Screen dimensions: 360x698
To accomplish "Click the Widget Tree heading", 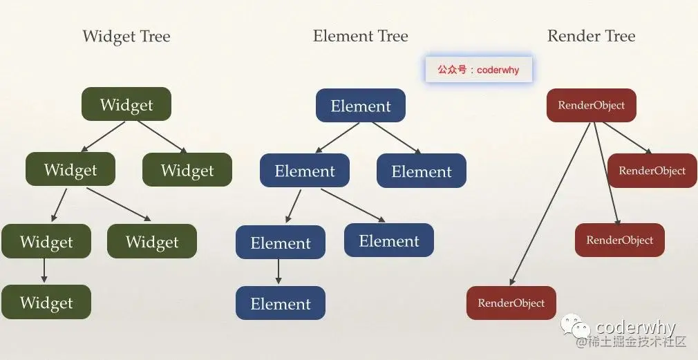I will point(126,36).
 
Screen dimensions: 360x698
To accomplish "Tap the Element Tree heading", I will point(360,36).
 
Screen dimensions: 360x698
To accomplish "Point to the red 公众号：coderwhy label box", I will point(478,70).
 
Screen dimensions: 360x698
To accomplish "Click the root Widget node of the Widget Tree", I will point(126,105).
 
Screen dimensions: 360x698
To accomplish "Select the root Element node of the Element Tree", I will point(361,106).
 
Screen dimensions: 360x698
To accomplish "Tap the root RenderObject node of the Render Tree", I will point(591,106).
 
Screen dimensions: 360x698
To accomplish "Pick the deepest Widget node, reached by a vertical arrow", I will point(46,302).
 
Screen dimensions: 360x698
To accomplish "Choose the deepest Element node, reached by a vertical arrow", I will point(281,303).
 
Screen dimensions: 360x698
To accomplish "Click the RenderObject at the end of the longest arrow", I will point(511,303).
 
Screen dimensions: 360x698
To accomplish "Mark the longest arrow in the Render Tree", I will point(551,205).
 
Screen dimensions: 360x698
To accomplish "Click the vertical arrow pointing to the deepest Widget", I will point(44,270).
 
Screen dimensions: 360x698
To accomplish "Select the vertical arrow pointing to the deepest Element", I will point(279,272).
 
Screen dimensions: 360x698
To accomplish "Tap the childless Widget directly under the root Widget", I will point(187,170).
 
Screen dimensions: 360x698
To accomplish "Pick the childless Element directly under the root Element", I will point(422,171).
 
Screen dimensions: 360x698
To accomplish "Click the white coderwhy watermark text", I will point(635,327).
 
